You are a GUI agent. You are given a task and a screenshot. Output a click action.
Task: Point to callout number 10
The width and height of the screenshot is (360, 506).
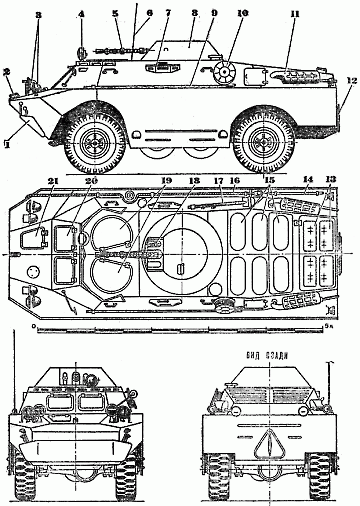(241, 16)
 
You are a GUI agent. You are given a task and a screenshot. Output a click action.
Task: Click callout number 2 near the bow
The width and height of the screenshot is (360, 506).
(8, 72)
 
